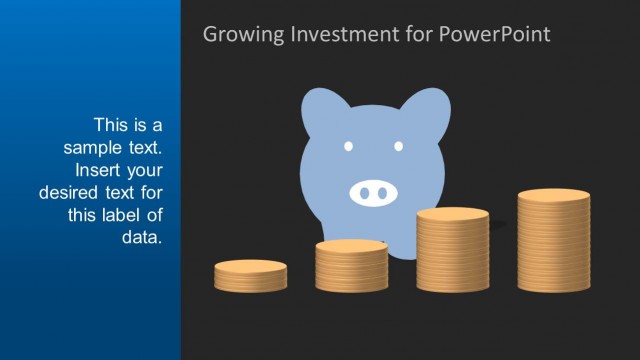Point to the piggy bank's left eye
(349, 147)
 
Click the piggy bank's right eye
(398, 147)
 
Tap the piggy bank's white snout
(374, 191)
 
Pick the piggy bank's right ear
(428, 108)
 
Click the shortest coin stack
(250, 276)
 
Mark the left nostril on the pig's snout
(364, 191)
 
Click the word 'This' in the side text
(112, 125)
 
